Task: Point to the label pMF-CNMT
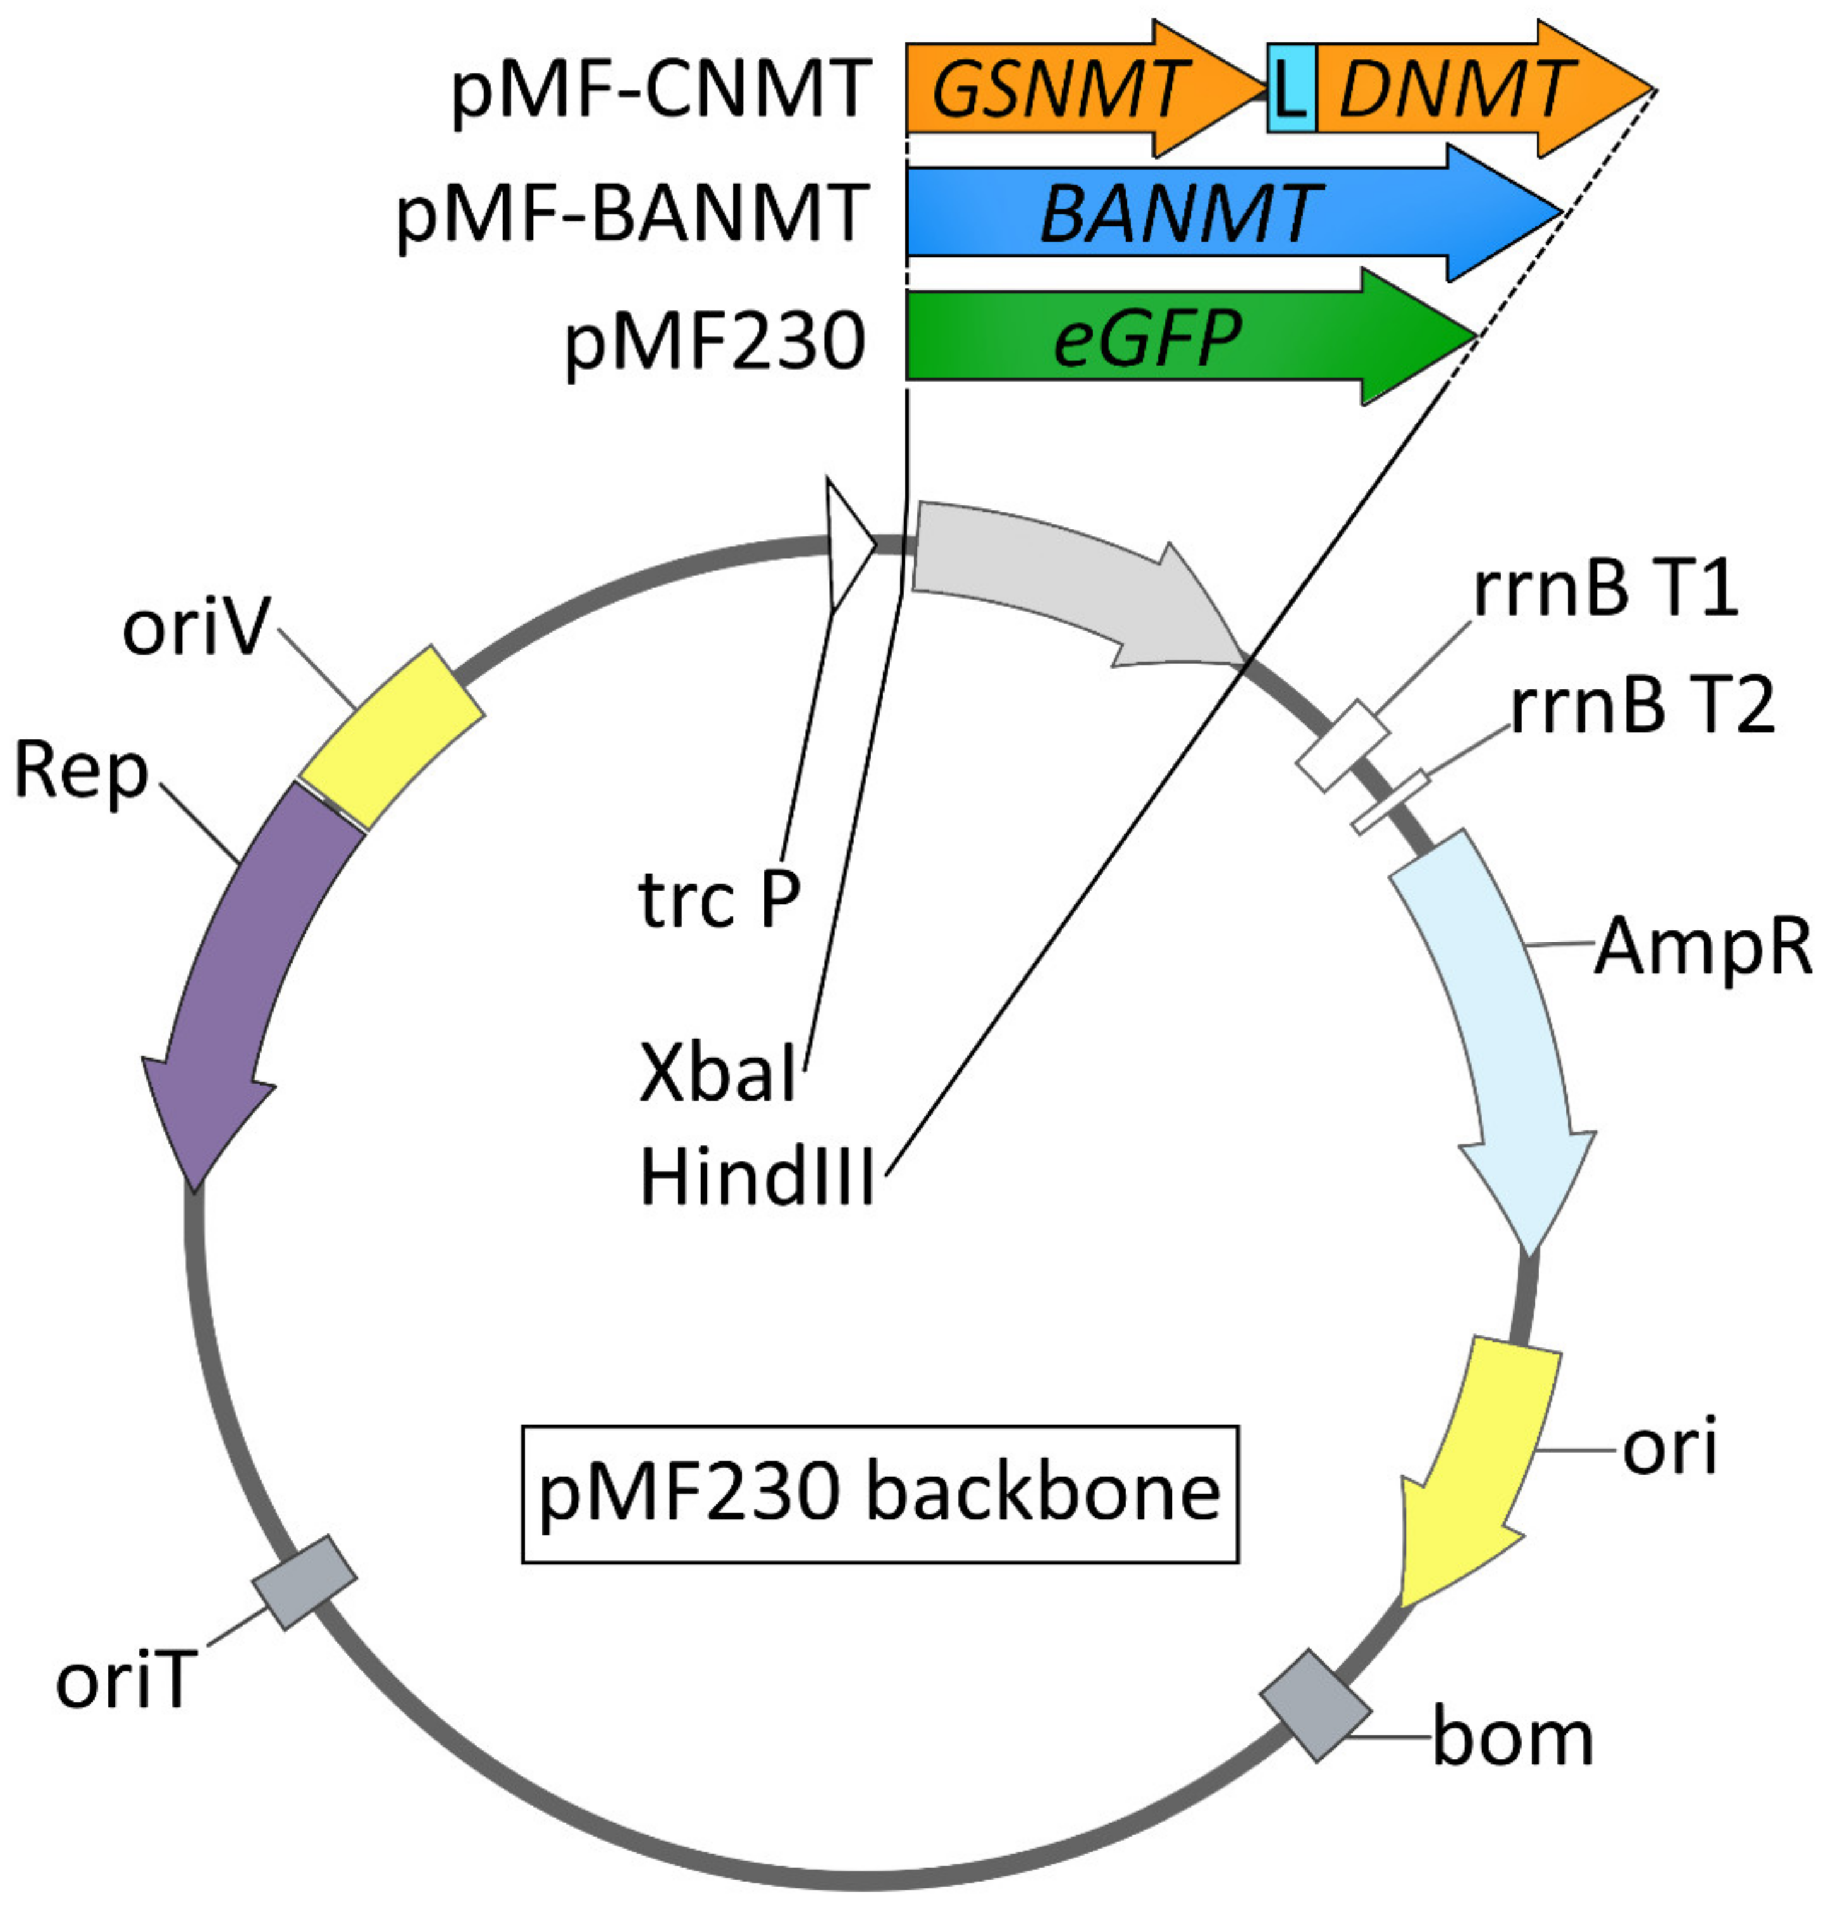660,90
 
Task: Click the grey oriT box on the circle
305,1582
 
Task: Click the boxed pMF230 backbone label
880,1494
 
